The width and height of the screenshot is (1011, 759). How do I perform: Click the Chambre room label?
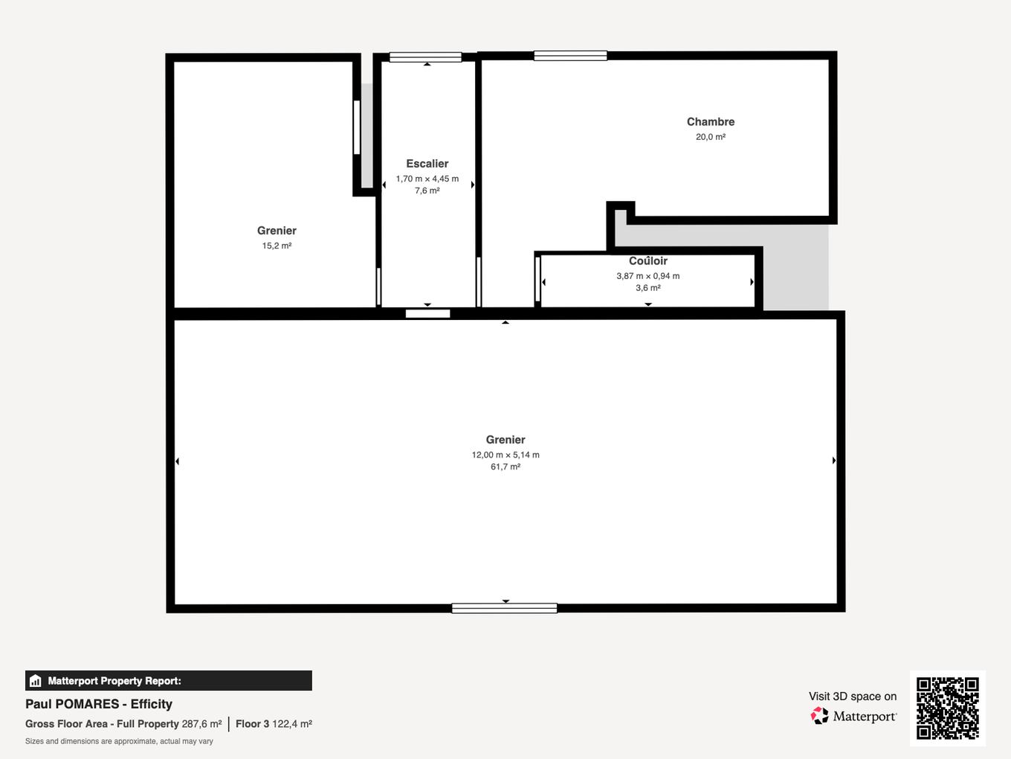pos(710,122)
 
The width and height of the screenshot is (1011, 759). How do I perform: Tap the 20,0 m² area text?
pos(710,137)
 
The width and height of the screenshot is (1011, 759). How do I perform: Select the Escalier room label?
pos(427,164)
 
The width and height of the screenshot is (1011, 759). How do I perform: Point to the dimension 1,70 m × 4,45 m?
pos(427,179)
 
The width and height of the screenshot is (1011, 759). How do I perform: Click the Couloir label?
pos(647,261)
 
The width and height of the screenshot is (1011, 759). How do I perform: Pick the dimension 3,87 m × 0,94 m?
pos(647,276)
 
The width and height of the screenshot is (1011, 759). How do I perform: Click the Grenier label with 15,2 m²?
pos(277,231)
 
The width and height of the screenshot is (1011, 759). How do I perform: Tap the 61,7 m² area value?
pos(505,467)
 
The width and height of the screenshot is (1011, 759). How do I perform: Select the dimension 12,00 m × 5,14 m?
pos(505,455)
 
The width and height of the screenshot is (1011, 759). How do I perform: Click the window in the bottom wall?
pos(504,608)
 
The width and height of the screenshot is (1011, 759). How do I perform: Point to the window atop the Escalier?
pos(425,57)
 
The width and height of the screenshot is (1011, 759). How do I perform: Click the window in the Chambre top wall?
pos(570,56)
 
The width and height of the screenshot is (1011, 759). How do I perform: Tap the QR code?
pos(947,708)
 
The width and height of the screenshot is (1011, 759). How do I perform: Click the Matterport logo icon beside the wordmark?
pos(819,716)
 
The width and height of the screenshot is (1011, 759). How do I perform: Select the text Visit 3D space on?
pos(853,696)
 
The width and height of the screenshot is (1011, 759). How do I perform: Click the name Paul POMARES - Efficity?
pos(99,704)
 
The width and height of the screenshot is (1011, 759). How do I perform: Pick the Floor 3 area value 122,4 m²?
pos(291,724)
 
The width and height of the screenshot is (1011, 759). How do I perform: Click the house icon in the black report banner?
pos(35,681)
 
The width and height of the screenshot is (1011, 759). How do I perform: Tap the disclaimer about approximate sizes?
pos(119,741)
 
